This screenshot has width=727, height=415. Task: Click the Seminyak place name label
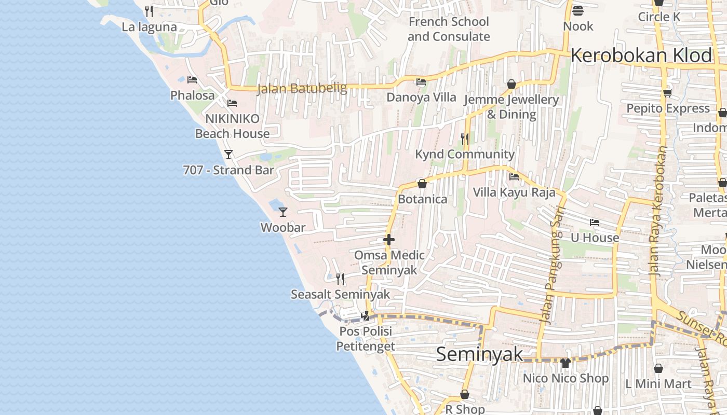point(479,354)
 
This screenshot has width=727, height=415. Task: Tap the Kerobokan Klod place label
point(641,56)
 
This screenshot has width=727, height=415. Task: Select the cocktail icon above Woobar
point(283,212)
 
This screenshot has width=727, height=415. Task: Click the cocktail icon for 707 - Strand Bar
point(228,154)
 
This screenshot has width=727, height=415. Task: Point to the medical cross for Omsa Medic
point(389,240)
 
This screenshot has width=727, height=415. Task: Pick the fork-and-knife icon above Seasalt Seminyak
point(340,279)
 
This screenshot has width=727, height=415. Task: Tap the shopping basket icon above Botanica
point(422,184)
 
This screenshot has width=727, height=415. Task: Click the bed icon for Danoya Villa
point(421,82)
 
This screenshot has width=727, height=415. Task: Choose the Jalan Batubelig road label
point(302,89)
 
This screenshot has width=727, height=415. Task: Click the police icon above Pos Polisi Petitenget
point(366,315)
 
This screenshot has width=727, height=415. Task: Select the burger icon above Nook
point(578,10)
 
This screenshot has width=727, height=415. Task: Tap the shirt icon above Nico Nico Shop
point(566,363)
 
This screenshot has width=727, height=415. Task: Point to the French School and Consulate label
point(449,29)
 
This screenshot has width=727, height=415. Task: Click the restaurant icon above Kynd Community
point(465,139)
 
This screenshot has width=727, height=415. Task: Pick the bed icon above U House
point(595,223)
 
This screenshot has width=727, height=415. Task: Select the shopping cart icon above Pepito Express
point(667,93)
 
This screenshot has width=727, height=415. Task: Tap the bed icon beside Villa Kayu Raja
point(514,177)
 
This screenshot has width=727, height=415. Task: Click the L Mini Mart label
point(658,384)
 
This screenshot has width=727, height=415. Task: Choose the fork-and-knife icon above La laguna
point(149,11)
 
